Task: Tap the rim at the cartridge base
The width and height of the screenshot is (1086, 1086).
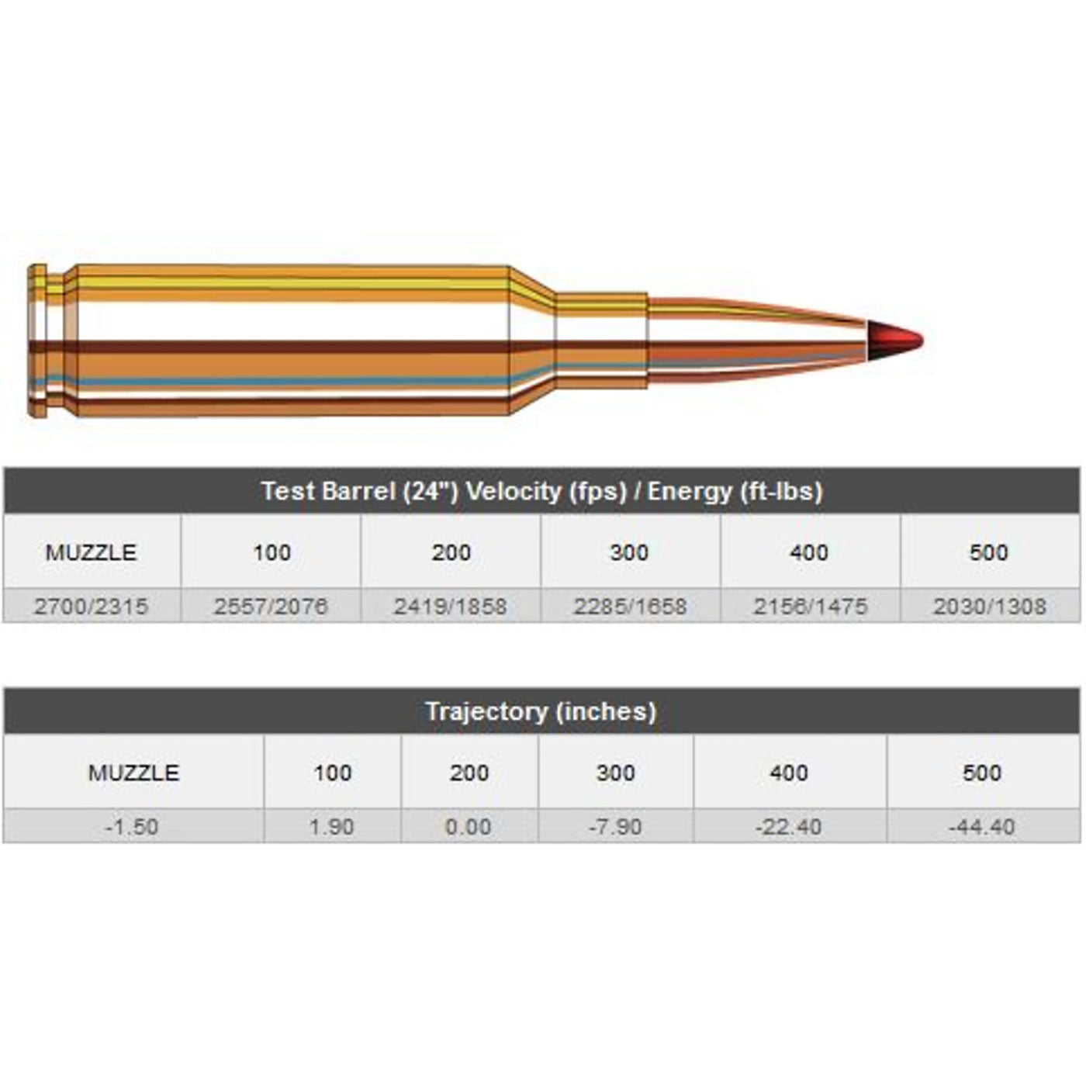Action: click(36, 341)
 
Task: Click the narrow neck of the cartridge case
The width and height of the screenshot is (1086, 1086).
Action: click(602, 341)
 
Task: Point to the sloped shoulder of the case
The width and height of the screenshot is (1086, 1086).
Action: click(532, 341)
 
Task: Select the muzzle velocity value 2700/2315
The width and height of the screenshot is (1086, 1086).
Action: click(91, 606)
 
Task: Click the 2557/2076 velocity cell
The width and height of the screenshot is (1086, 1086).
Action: click(271, 606)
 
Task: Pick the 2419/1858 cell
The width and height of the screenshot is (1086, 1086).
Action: click(451, 606)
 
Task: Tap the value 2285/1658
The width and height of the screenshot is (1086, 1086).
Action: click(630, 606)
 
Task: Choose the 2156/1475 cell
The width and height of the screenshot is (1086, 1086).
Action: click(810, 606)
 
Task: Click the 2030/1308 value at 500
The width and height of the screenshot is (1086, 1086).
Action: click(990, 606)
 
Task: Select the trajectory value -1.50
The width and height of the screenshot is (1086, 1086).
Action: click(132, 826)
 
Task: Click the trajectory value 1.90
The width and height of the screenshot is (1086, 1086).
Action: click(332, 826)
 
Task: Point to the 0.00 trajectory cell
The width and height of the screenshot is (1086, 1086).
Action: click(469, 826)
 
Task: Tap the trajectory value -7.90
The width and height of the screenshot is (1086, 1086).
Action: click(615, 826)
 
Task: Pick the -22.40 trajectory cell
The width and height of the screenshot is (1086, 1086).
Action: click(789, 826)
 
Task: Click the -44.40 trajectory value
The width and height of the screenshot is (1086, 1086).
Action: click(982, 826)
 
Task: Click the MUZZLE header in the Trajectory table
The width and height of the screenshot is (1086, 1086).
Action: click(133, 773)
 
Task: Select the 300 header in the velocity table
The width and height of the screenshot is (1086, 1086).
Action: click(629, 552)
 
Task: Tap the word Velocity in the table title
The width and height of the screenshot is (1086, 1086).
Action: click(513, 491)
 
